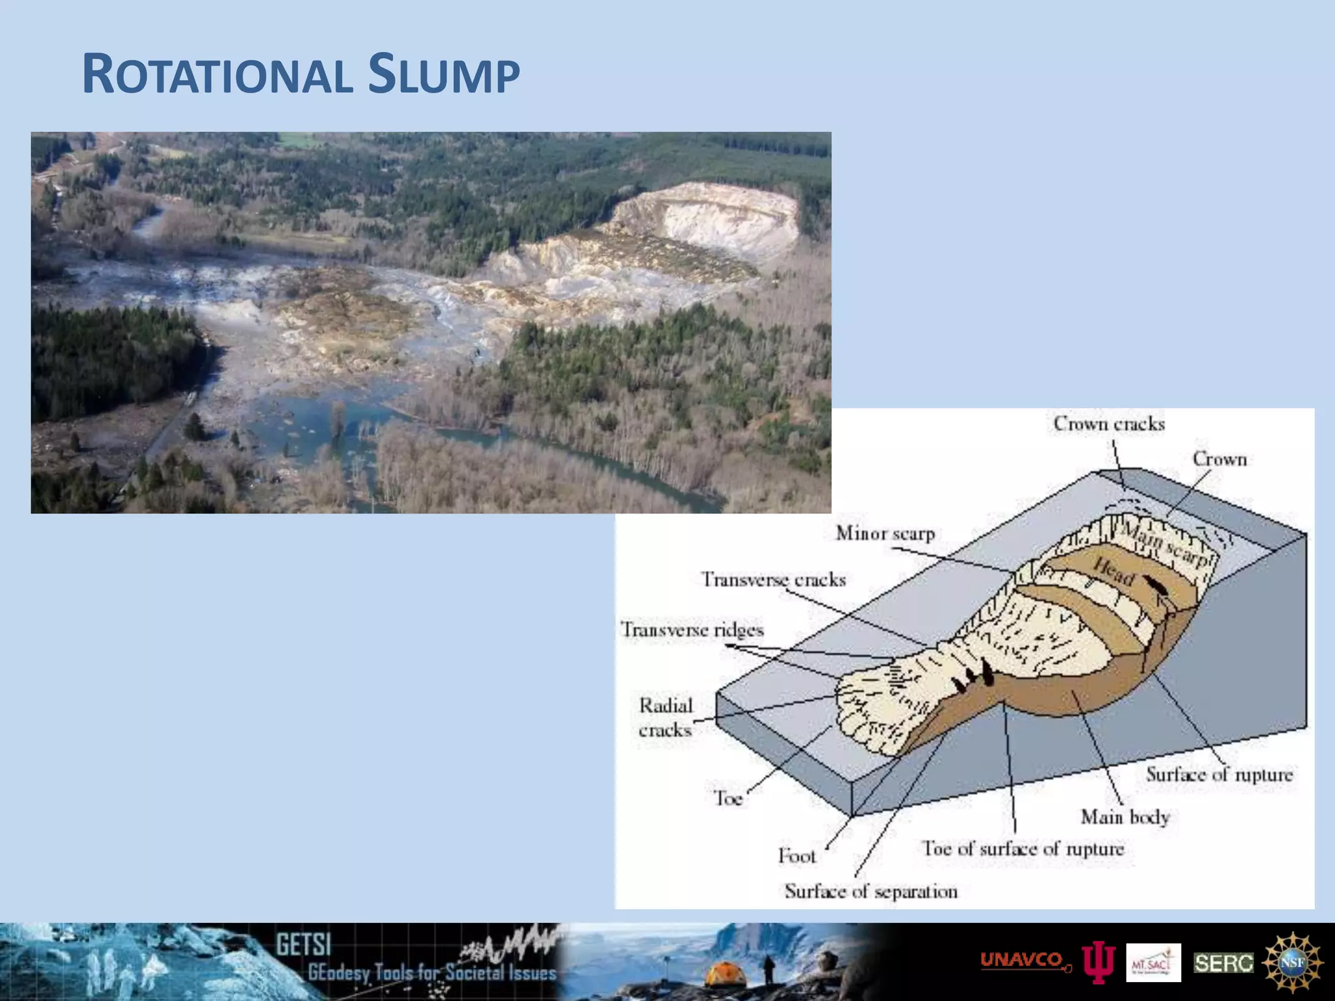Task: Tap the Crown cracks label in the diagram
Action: pos(1109,424)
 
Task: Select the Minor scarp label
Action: pos(885,534)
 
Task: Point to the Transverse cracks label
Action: pos(773,579)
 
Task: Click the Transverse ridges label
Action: pos(692,630)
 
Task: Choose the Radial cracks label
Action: pos(666,718)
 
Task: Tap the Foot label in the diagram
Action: pos(797,855)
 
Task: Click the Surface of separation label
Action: pos(871,891)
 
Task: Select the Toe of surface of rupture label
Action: pos(1023,849)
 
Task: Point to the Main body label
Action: pos(1125,817)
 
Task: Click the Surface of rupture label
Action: pos(1219,774)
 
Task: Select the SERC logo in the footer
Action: pos(1224,963)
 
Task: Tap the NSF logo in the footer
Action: pos(1293,962)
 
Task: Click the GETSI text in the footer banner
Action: pos(303,944)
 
